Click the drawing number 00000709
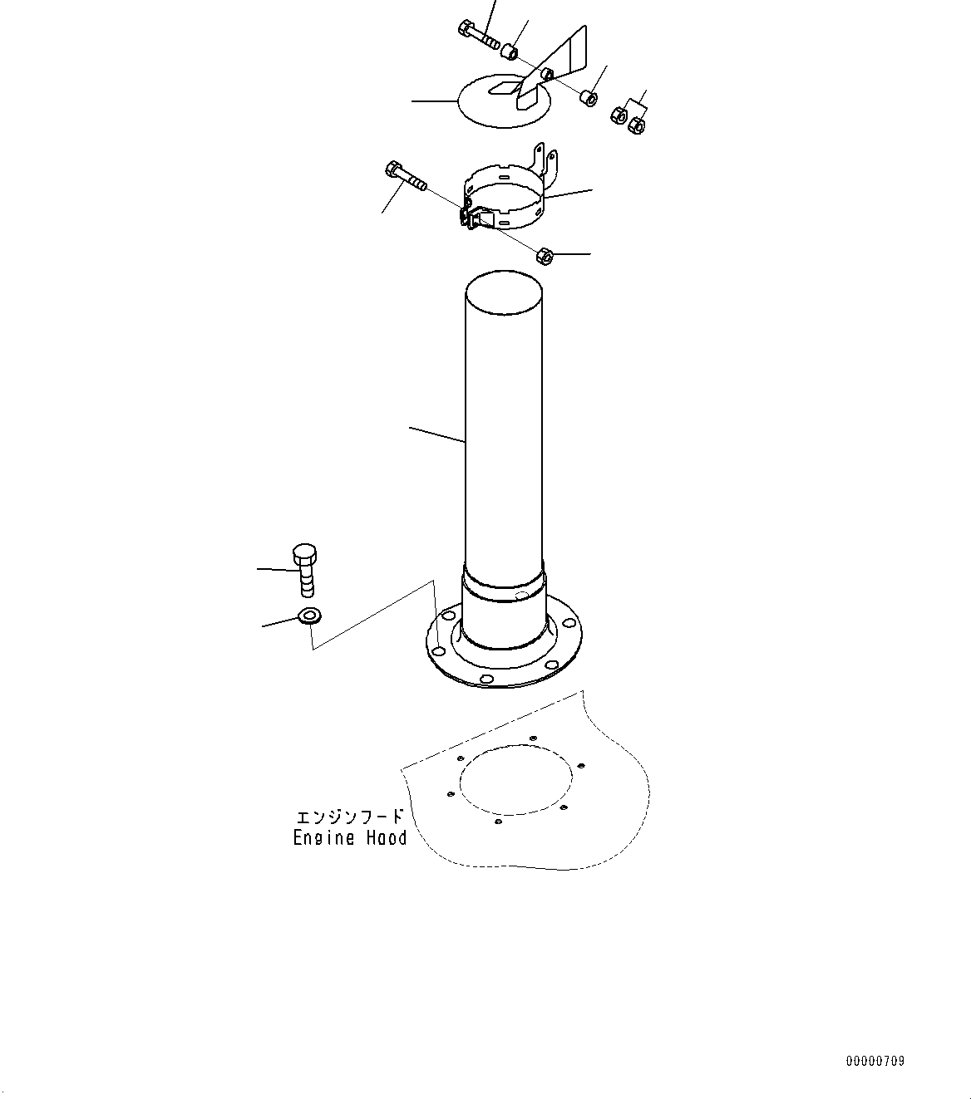tap(875, 1061)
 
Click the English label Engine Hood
tap(350, 838)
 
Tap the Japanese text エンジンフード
tap(350, 817)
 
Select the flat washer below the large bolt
tap(309, 616)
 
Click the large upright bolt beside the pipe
tap(304, 570)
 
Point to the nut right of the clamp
tap(545, 256)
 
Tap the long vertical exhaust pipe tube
tap(504, 434)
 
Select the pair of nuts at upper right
tap(628, 120)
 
